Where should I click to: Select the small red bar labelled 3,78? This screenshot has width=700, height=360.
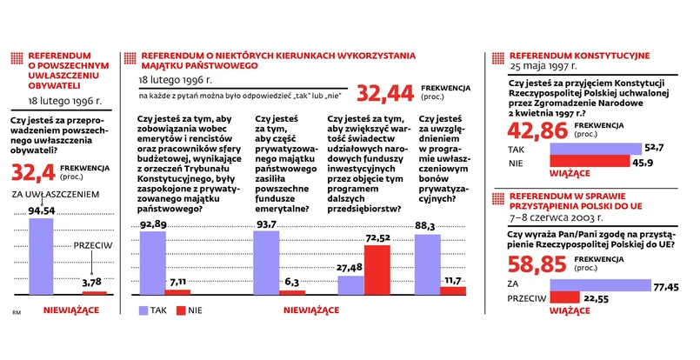(94, 293)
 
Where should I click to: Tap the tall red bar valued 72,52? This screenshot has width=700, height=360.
(377, 270)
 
